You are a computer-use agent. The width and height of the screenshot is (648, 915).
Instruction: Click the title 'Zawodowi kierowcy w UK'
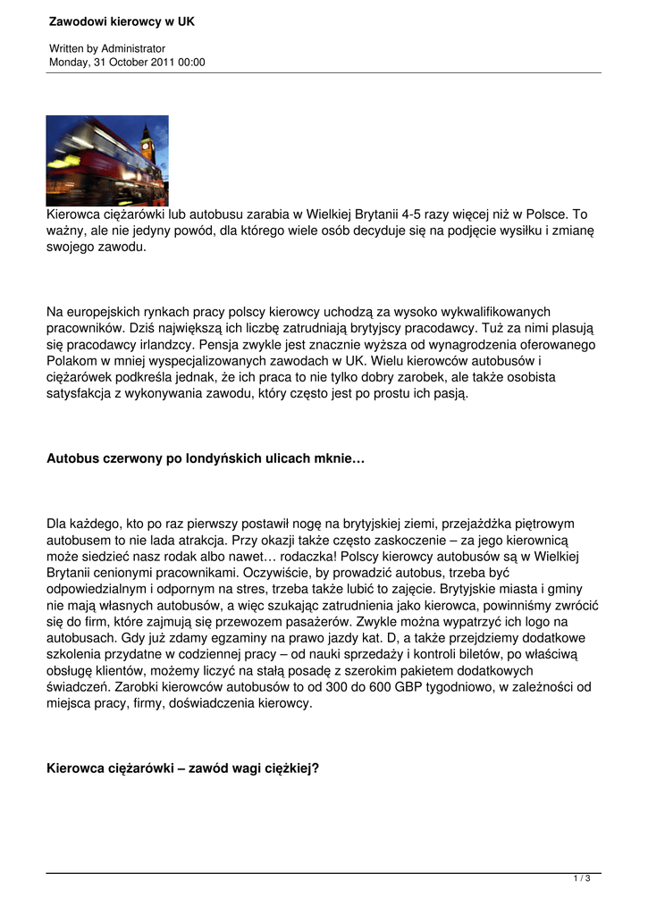[x=122, y=21]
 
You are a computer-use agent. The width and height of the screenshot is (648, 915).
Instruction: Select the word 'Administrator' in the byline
[x=133, y=48]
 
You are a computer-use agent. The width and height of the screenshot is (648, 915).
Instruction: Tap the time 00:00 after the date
[x=191, y=63]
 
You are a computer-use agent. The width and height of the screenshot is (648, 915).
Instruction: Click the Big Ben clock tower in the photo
[x=147, y=143]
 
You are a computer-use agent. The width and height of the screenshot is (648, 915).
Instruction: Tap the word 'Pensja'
[x=220, y=343]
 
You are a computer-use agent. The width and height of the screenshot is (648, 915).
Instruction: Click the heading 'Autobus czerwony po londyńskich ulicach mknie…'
[x=206, y=458]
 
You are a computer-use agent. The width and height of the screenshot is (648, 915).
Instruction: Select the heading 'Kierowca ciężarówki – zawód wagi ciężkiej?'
[x=182, y=768]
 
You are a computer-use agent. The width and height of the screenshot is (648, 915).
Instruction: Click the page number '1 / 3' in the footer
[x=582, y=879]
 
